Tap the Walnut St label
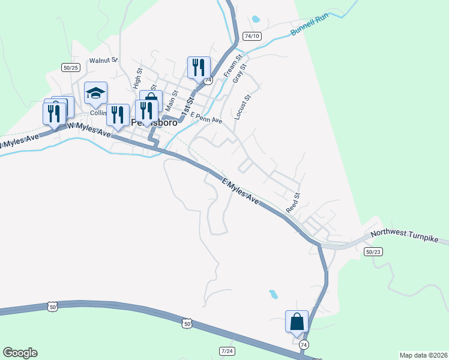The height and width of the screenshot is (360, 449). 104,61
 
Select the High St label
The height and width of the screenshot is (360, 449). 138,79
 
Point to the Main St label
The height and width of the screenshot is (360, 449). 172,101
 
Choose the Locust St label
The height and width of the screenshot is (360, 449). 243,106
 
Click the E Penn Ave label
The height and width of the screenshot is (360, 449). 206,120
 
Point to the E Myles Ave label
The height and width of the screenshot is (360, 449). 240,191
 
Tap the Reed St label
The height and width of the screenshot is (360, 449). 293,203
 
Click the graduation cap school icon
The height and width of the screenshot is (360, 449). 95,92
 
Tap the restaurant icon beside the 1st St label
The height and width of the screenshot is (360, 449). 199,67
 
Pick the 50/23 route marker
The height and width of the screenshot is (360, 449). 373,252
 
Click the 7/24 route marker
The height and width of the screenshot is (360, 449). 227,350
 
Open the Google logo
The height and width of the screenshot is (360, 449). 20,353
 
